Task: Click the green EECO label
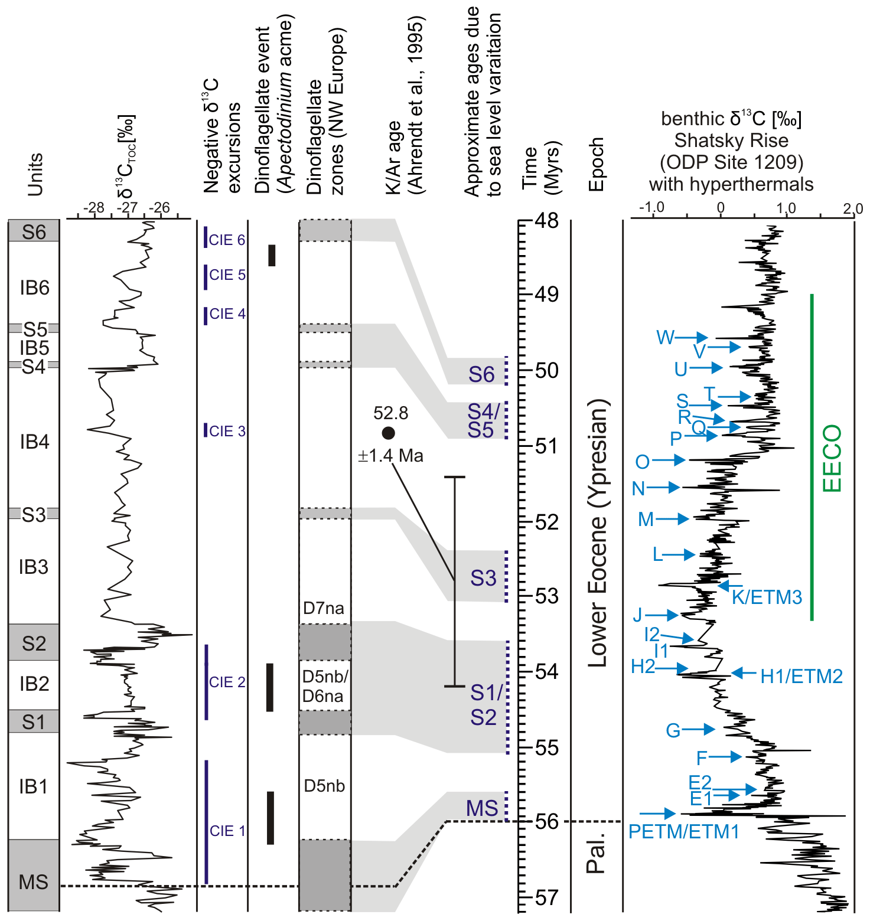[832, 458]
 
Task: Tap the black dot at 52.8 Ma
[388, 433]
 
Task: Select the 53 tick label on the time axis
[546, 596]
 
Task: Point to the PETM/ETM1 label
[683, 832]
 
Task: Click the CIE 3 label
[227, 431]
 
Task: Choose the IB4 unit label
[34, 442]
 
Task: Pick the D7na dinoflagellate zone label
[323, 608]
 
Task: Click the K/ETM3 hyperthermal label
[767, 597]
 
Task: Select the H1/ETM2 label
[801, 676]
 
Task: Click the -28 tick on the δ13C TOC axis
[94, 208]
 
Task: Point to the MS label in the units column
[33, 882]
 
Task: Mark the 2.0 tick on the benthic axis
[852, 208]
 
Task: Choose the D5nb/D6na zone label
[325, 686]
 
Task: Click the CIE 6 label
[227, 240]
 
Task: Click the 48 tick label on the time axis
[546, 221]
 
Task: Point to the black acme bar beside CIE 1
[271, 818]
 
